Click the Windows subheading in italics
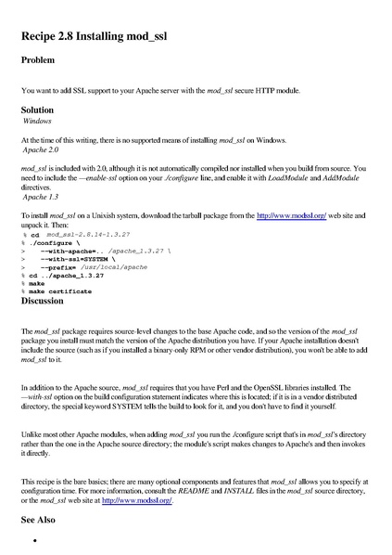(x=37, y=121)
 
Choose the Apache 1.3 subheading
(x=41, y=197)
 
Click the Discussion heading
(x=47, y=301)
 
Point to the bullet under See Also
(x=33, y=540)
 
